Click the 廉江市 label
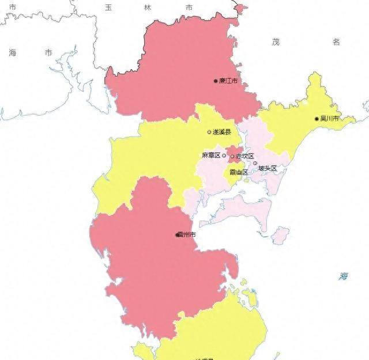[x=229, y=81]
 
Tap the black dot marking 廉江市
[x=216, y=81]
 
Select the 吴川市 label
[x=330, y=119]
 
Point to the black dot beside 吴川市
[x=317, y=119]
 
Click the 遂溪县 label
[x=221, y=132]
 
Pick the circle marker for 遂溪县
[x=209, y=132]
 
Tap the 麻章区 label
[x=211, y=156]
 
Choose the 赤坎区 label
[x=245, y=156]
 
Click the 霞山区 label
[x=238, y=172]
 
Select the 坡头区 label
[x=268, y=169]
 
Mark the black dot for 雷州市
[x=177, y=235]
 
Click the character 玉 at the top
[x=108, y=7]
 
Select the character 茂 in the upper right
[x=276, y=41]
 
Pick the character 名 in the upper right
[x=336, y=41]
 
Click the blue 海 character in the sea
[x=344, y=276]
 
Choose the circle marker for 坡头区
[x=255, y=163]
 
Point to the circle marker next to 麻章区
[x=224, y=156]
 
